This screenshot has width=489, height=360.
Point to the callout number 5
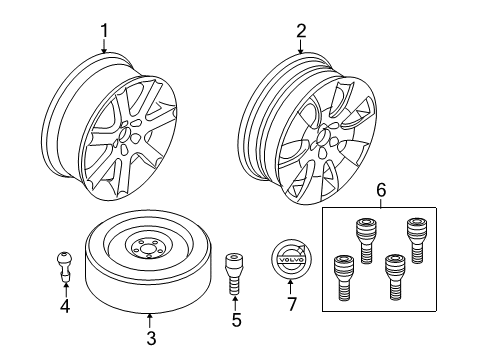(x=237, y=320)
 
